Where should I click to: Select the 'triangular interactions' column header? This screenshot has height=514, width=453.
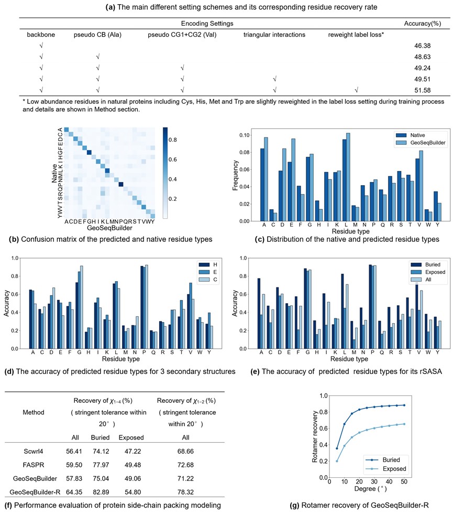point(274,35)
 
